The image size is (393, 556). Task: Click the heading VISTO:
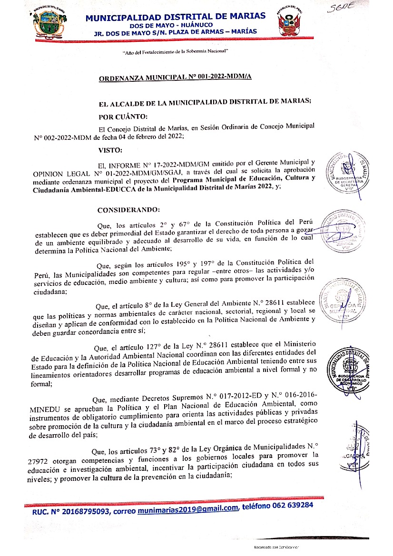[x=110, y=150]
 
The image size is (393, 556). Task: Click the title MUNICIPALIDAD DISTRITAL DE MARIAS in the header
[x=176, y=17]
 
